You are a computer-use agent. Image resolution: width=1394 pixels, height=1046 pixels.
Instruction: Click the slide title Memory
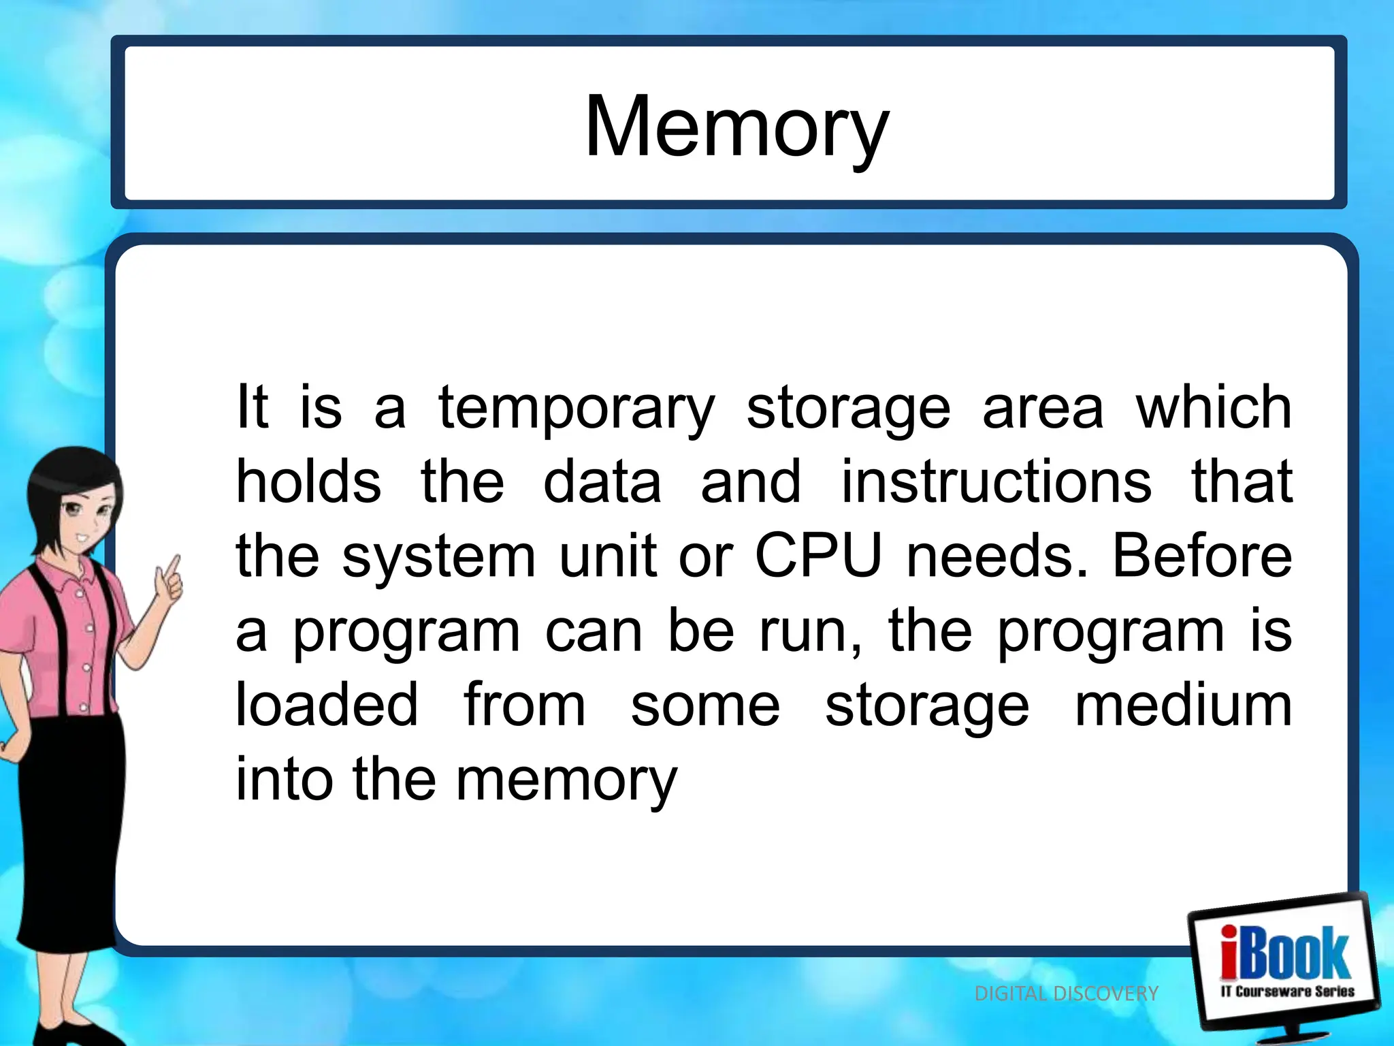736,127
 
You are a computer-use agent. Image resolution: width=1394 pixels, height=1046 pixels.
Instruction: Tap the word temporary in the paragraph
577,408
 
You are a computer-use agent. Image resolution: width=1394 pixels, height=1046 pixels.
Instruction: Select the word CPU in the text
818,556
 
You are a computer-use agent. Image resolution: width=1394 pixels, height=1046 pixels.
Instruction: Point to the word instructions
996,482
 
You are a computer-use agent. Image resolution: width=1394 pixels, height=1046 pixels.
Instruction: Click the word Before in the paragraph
1202,556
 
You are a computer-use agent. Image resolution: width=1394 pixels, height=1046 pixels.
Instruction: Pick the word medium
1183,706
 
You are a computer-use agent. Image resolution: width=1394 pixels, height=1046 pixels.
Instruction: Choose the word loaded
327,706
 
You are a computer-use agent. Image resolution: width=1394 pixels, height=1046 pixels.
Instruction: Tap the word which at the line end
1214,408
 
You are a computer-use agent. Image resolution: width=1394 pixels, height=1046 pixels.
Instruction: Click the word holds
308,482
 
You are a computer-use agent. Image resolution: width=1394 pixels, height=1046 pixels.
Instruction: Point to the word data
602,482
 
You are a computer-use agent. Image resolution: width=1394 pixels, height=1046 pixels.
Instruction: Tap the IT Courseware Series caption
1287,992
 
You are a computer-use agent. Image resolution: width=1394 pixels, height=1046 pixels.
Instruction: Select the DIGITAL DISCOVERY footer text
1066,994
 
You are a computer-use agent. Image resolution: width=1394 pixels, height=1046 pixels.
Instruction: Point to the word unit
608,556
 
